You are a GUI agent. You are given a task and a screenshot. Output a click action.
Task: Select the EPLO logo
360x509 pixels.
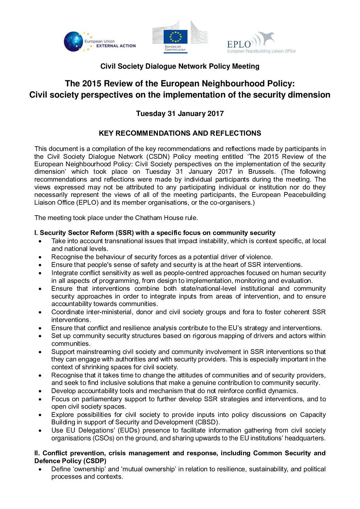coord(261,43)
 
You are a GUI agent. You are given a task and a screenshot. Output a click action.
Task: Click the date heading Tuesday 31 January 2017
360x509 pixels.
coord(180,114)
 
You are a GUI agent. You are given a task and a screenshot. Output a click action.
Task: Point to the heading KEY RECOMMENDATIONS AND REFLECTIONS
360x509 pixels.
coord(180,133)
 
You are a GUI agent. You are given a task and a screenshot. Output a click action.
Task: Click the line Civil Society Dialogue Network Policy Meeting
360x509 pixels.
coord(180,66)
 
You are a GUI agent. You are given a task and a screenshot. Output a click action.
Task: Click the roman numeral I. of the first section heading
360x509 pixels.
coord(36,233)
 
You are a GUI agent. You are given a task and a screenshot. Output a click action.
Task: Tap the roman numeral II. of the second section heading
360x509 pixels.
coord(37,453)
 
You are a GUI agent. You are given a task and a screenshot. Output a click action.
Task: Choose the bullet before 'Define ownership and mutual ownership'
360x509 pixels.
coord(40,470)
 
